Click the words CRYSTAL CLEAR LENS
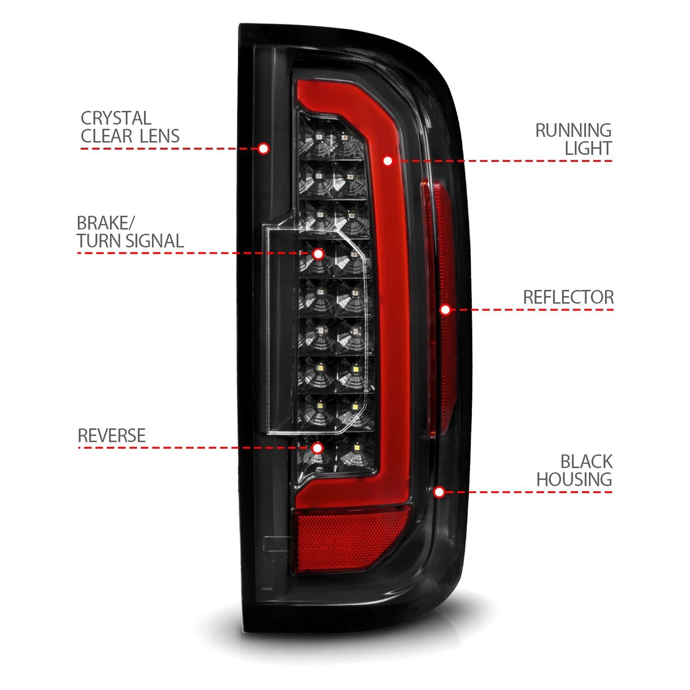[x=130, y=127]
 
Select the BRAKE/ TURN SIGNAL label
[x=130, y=232]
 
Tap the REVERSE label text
[x=112, y=436]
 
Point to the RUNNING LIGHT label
[x=574, y=139]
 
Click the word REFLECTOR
[x=569, y=297]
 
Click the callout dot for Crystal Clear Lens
[x=263, y=149]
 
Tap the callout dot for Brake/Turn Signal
[x=318, y=253]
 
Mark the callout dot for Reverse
[x=317, y=448]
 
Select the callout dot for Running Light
[x=388, y=161]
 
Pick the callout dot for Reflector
[x=445, y=310]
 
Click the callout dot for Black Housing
[x=439, y=493]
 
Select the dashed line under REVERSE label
[x=193, y=448]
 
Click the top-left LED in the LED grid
[x=318, y=137]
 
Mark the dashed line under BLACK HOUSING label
[x=529, y=493]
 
